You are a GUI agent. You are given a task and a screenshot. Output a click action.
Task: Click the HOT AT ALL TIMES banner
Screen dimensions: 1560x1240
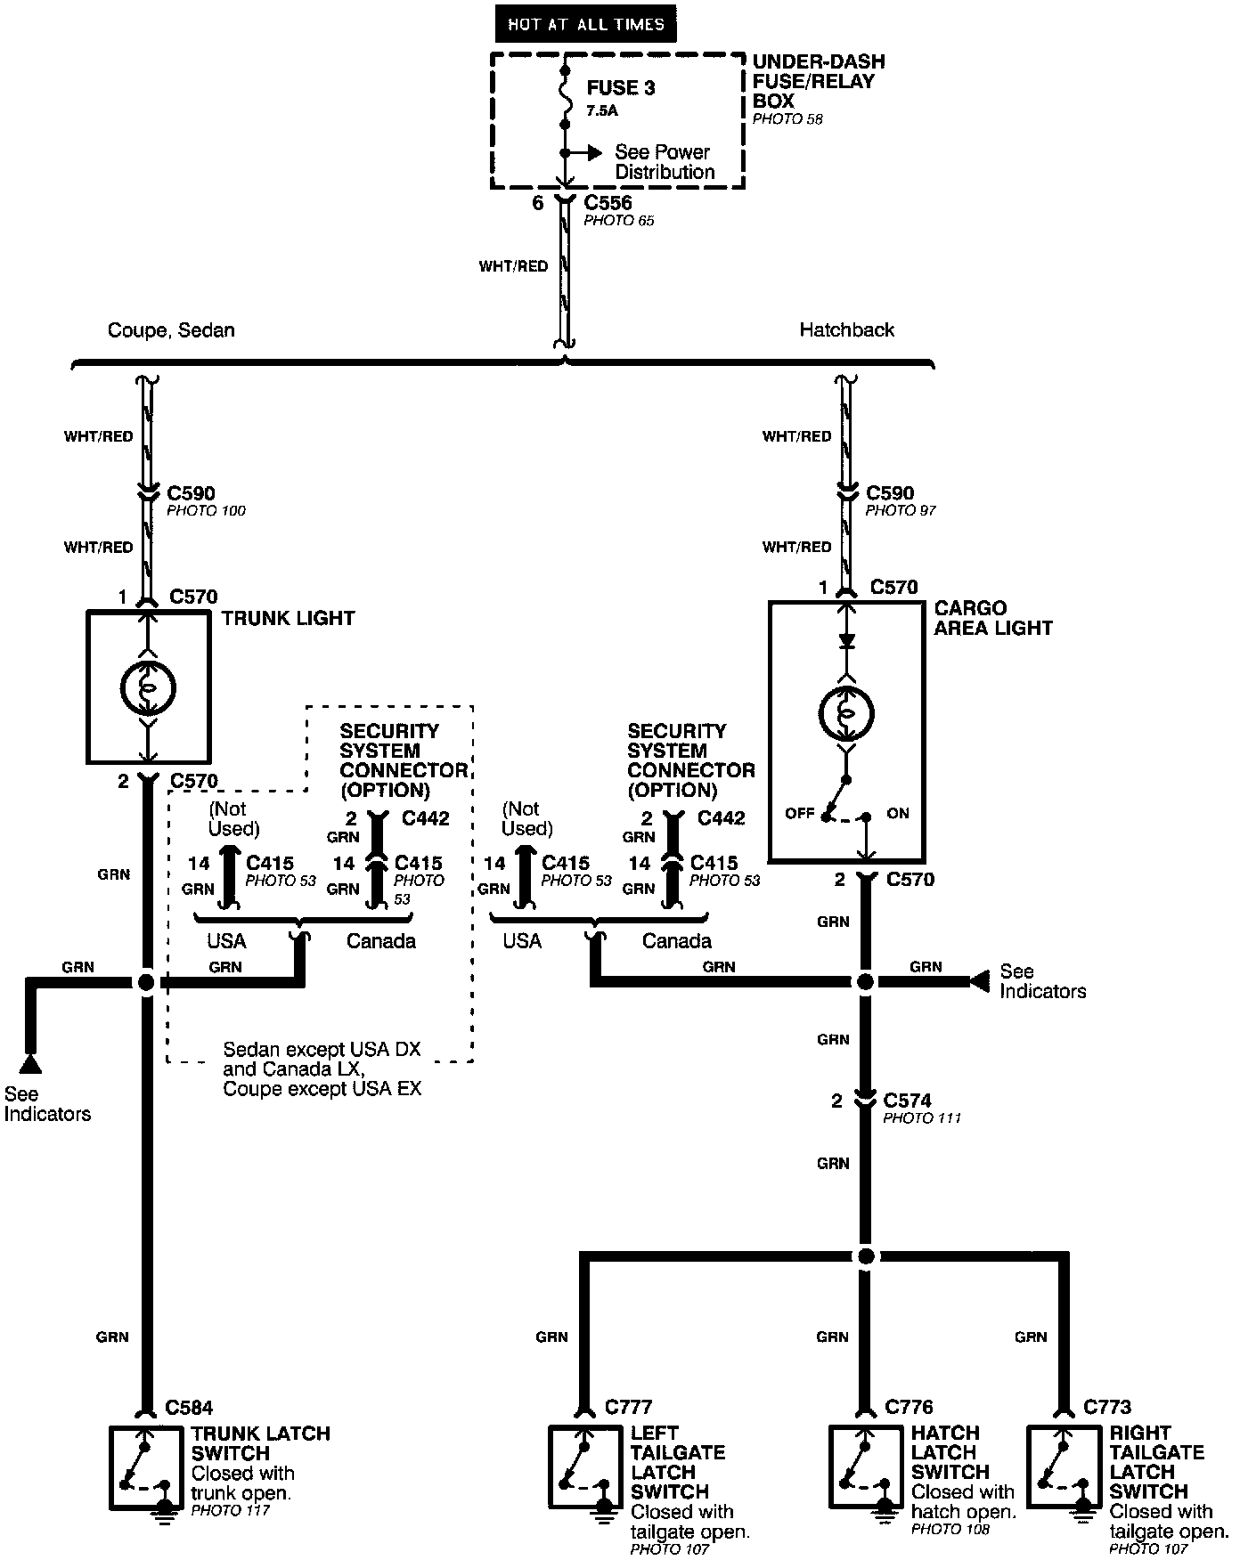pos(585,24)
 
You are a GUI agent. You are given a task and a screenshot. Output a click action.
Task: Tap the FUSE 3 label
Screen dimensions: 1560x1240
pos(621,88)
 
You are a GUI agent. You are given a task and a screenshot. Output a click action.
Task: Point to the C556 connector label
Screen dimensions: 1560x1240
pos(608,203)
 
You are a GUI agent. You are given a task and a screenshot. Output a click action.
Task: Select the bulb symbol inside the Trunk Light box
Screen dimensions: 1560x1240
pos(148,687)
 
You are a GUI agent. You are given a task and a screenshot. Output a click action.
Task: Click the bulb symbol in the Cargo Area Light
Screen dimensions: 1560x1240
pos(846,713)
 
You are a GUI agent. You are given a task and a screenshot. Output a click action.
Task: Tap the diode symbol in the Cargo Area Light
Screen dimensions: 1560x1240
pos(846,640)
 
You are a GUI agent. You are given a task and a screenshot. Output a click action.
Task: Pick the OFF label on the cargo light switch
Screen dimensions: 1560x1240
pos(799,814)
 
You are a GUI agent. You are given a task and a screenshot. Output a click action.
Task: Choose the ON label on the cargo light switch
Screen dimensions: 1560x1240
pos(897,814)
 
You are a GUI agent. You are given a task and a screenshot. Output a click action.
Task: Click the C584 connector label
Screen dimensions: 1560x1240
pos(189,1408)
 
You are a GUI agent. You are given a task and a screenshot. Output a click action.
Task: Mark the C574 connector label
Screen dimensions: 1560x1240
pos(907,1101)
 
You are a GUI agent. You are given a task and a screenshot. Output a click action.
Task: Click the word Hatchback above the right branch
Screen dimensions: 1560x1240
pos(846,329)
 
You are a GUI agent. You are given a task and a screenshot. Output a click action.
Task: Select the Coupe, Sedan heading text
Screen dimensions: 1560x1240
pos(171,330)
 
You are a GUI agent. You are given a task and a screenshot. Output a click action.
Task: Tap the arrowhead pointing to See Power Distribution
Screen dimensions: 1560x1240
pos(594,153)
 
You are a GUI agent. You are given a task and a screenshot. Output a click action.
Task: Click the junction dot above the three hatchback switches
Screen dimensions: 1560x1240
pos(865,1256)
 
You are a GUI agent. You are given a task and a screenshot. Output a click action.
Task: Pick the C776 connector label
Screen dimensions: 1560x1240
pos(909,1407)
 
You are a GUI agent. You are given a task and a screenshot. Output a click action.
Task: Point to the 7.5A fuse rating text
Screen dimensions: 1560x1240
pos(602,111)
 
